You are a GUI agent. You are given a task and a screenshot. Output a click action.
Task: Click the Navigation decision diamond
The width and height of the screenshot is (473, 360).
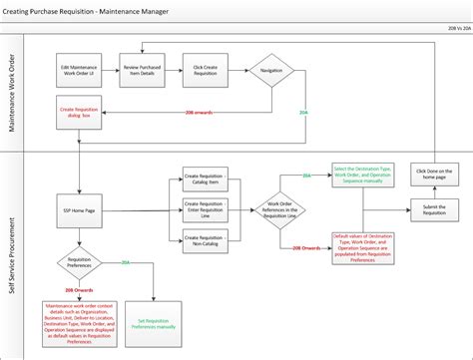pyautogui.click(x=270, y=71)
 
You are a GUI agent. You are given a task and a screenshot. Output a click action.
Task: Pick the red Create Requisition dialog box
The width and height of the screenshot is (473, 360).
pyautogui.click(x=79, y=112)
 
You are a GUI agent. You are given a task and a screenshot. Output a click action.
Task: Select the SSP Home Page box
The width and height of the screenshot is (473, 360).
pyautogui.click(x=79, y=209)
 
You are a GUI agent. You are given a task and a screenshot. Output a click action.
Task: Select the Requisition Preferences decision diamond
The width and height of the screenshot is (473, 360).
pyautogui.click(x=79, y=264)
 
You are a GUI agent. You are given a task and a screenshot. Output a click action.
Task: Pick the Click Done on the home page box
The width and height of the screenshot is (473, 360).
pyautogui.click(x=434, y=173)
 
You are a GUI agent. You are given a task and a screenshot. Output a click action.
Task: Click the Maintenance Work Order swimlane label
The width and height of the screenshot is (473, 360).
pyautogui.click(x=13, y=95)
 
